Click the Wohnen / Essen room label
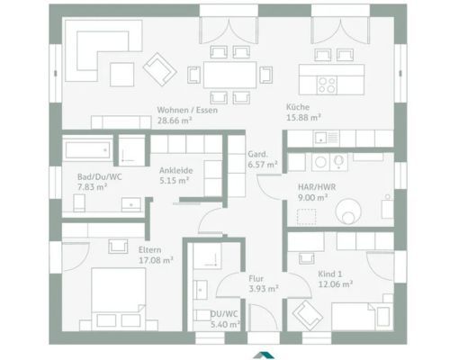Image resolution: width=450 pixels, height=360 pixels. pyautogui.click(x=187, y=110)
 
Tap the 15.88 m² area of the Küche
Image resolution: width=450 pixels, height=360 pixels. pyautogui.click(x=303, y=118)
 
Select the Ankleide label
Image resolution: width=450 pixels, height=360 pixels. pyautogui.click(x=176, y=170)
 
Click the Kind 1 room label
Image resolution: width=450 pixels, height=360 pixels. pyautogui.click(x=330, y=274)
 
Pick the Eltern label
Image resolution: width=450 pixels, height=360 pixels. pyautogui.click(x=150, y=250)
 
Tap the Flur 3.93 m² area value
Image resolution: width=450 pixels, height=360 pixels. pyautogui.click(x=264, y=289)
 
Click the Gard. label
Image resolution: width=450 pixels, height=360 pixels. pyautogui.click(x=257, y=155)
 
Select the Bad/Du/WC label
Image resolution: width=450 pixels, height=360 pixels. pyautogui.click(x=100, y=177)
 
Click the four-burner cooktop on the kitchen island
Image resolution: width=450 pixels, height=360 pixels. pyautogui.click(x=327, y=85)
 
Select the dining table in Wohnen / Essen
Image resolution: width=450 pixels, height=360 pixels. pyautogui.click(x=230, y=75)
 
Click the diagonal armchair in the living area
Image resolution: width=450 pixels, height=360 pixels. pyautogui.click(x=159, y=69)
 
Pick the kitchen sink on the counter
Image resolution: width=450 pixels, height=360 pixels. pyautogui.click(x=320, y=138)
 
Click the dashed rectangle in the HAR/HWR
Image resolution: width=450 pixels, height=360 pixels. pyautogui.click(x=306, y=217)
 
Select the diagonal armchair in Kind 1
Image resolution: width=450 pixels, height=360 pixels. pyautogui.click(x=308, y=316)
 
